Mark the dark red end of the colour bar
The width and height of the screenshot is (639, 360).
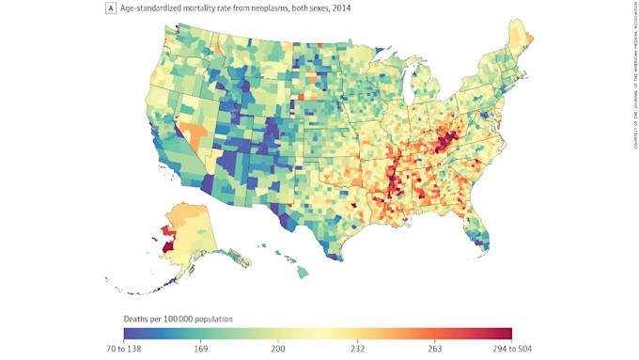(506, 332)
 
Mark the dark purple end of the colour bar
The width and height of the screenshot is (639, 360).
(130, 332)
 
